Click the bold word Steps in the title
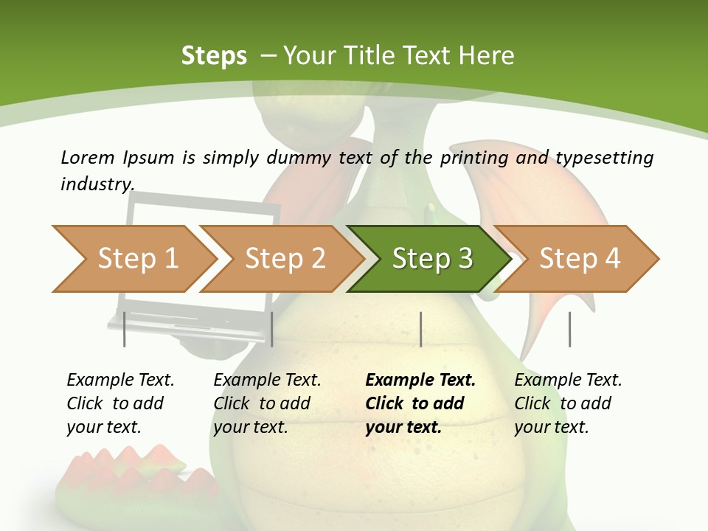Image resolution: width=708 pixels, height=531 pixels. pyautogui.click(x=214, y=55)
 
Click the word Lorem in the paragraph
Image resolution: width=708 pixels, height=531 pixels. pyautogui.click(x=87, y=157)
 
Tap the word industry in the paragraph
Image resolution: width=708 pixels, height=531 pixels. pyautogui.click(x=97, y=184)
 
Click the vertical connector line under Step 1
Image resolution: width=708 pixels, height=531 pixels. pyautogui.click(x=125, y=329)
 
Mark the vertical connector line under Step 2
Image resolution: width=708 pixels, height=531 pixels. pyautogui.click(x=272, y=329)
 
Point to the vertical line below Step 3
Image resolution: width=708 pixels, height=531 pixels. pyautogui.click(x=420, y=329)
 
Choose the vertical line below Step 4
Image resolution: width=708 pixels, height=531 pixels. pyautogui.click(x=569, y=329)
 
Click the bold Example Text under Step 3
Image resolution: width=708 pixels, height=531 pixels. pyautogui.click(x=420, y=381)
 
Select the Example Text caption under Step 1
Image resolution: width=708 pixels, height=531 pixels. pyautogui.click(x=120, y=381)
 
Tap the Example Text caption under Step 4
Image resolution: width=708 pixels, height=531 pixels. pyautogui.click(x=568, y=381)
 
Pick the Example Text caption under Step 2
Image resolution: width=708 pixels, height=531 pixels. pyautogui.click(x=267, y=381)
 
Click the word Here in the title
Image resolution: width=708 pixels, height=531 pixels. pyautogui.click(x=486, y=55)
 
